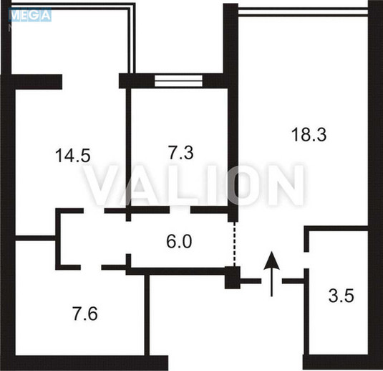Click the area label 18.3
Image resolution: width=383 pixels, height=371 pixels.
pyautogui.click(x=309, y=134)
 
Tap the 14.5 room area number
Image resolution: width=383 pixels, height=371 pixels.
pyautogui.click(x=73, y=156)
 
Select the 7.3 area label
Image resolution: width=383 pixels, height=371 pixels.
pyautogui.click(x=180, y=152)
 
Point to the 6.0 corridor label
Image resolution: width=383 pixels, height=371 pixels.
pyautogui.click(x=179, y=241)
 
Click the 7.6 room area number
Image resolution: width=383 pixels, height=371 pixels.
pyautogui.click(x=85, y=314)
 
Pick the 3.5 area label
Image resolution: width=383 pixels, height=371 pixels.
pyautogui.click(x=341, y=296)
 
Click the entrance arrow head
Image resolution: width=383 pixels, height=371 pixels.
pyautogui.click(x=271, y=260)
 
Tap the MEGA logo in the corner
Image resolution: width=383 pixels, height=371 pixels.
pyautogui.click(x=30, y=15)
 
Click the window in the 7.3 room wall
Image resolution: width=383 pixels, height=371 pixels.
pyautogui.click(x=178, y=81)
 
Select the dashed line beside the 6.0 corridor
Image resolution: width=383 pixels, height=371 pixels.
pyautogui.click(x=234, y=244)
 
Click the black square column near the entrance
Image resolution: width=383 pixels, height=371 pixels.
pyautogui.click(x=233, y=278)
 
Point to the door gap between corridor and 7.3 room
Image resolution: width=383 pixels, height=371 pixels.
pyautogui.click(x=180, y=210)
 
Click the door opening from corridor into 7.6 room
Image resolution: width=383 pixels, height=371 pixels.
pyautogui.click(x=91, y=267)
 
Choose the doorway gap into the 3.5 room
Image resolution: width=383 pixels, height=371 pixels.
pyautogui.click(x=306, y=260)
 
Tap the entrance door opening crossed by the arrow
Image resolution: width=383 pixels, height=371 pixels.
pyautogui.click(x=271, y=281)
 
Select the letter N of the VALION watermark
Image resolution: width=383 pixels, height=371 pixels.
pyautogui.click(x=286, y=185)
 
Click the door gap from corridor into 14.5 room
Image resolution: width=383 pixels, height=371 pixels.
pyautogui.click(x=94, y=211)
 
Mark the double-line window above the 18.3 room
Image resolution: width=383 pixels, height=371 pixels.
pyautogui.click(x=303, y=11)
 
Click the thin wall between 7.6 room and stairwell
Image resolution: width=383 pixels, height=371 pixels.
pyautogui.click(x=147, y=315)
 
